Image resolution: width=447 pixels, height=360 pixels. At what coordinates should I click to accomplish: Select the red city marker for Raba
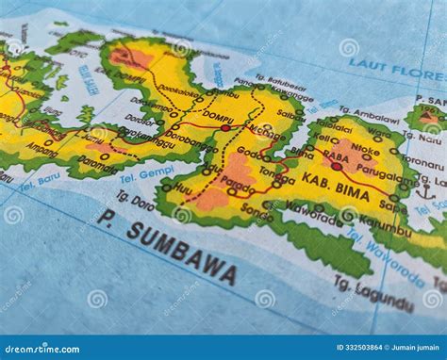tap(336, 166)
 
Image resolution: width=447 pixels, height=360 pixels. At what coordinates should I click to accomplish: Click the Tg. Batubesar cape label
tap(280, 82)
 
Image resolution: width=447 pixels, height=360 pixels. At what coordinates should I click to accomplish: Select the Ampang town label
tap(41, 149)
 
